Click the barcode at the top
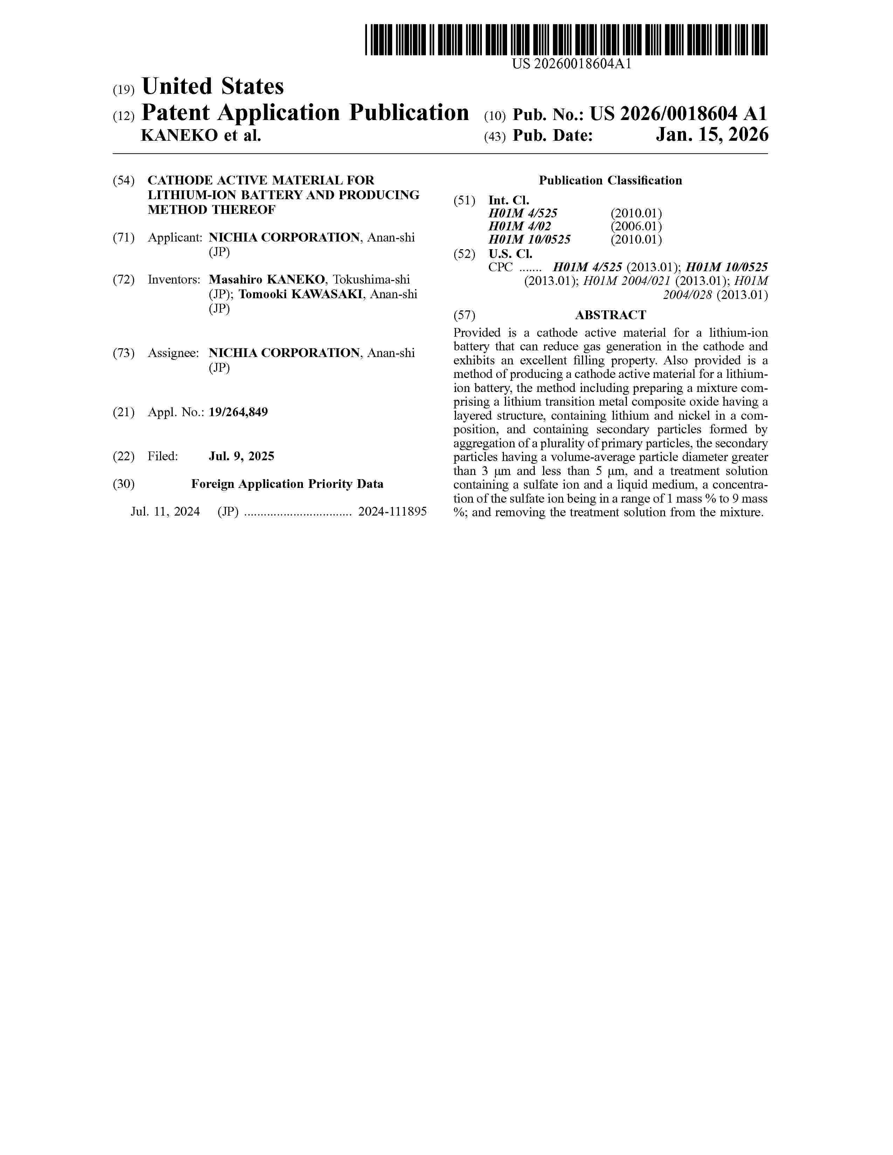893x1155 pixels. pos(566,40)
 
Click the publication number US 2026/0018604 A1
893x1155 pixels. pos(678,114)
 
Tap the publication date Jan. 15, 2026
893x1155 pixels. pos(712,135)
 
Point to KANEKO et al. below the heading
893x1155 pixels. pos(201,136)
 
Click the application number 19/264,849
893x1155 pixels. pos(238,412)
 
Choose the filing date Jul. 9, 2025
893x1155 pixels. pos(241,456)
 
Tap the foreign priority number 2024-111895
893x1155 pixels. pos(392,511)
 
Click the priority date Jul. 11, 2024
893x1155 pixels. pos(165,511)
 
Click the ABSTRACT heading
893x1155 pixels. pos(610,315)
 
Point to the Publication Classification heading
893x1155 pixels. pos(610,180)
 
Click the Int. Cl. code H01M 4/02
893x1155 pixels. pos(519,226)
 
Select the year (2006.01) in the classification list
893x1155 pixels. pos(636,226)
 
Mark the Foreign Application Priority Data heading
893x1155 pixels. pos(287,484)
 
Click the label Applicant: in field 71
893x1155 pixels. pos(175,237)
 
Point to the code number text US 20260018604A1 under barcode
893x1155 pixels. pos(572,64)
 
